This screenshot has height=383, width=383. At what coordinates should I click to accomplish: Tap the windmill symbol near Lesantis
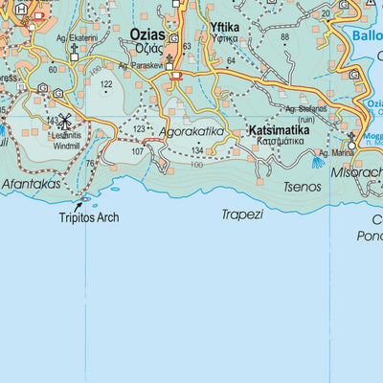(66, 122)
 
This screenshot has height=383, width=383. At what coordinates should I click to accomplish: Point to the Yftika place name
(224, 28)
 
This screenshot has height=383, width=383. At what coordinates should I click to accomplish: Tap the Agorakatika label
(191, 131)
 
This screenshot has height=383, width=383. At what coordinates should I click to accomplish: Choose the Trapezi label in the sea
(241, 214)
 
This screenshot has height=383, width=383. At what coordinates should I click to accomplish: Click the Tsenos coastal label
(303, 187)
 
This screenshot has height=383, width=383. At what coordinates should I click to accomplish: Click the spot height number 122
(105, 85)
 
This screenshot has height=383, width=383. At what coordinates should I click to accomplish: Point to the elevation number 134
(197, 151)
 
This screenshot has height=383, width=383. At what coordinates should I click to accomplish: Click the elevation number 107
(138, 151)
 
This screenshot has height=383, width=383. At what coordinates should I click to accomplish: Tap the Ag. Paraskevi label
(143, 66)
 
